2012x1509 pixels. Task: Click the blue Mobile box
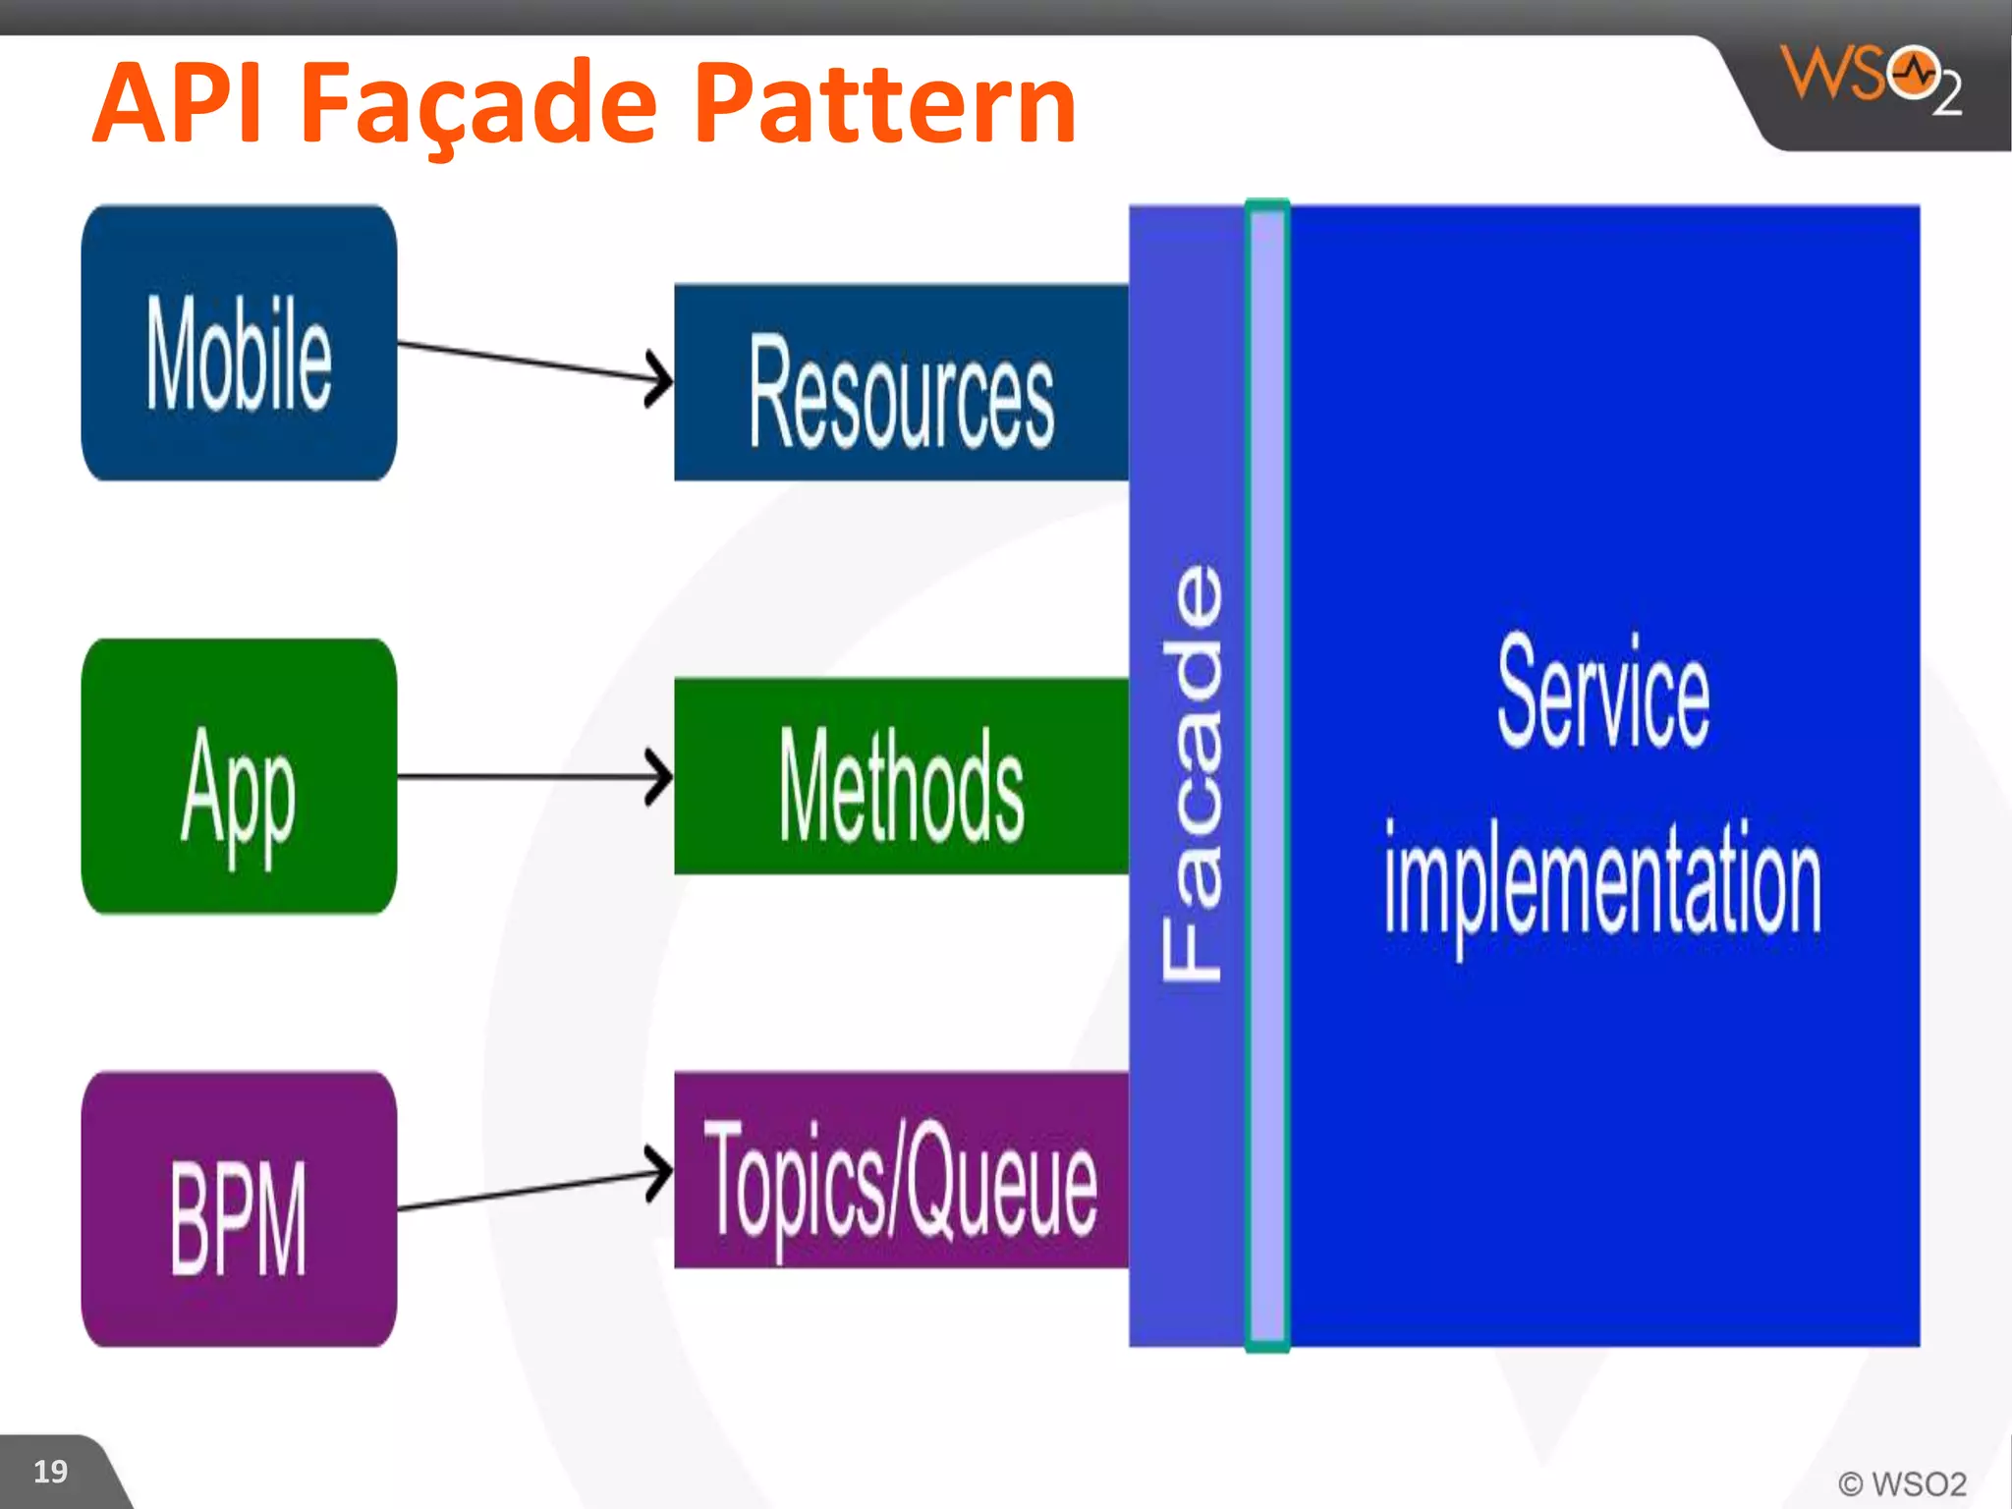pos(239,343)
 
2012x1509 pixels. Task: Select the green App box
pos(239,776)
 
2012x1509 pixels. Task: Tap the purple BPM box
pos(239,1209)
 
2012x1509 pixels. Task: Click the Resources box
pos(901,383)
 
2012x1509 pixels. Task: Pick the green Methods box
pos(901,776)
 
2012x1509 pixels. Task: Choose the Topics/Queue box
pos(901,1170)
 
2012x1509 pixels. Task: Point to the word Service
pos(1603,692)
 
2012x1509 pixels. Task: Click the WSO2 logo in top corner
pos(1872,79)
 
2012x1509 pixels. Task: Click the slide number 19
pos(50,1471)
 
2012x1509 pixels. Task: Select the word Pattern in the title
pos(884,103)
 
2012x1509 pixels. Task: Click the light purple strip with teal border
pos(1267,776)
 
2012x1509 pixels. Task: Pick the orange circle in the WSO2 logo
pos(1913,73)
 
